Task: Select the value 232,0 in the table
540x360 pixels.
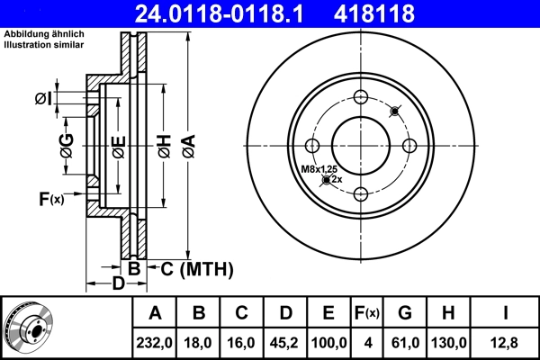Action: click(x=156, y=342)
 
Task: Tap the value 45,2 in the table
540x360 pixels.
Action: click(x=285, y=342)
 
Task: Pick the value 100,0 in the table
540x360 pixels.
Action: click(x=328, y=342)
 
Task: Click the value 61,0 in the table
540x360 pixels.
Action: click(x=405, y=342)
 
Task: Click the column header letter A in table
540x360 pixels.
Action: click(x=156, y=313)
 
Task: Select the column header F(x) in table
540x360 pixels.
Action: click(x=367, y=313)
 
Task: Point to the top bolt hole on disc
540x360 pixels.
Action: click(x=361, y=98)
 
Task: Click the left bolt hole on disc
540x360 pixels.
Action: click(x=312, y=147)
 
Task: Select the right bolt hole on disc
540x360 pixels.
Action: click(x=409, y=147)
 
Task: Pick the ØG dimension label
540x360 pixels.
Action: click(x=67, y=143)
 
